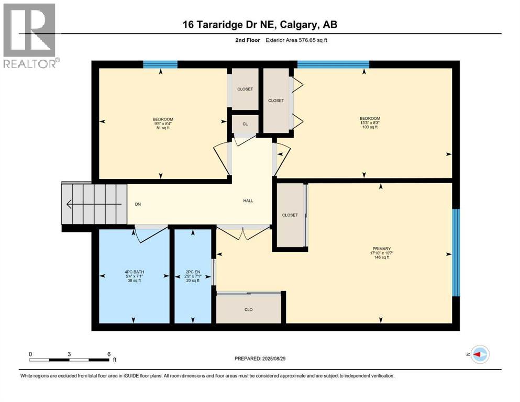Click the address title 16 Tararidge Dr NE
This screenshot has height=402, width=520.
pos(229,25)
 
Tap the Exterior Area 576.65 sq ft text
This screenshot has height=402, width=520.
pos(296,40)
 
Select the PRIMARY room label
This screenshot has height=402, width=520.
pos(382,249)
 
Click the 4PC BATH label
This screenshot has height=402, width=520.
pos(134,272)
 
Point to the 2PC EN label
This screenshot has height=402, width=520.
pos(193,272)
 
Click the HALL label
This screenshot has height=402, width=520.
pos(248,200)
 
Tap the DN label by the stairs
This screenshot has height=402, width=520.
pos(138,204)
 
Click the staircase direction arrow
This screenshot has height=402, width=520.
pos(94,204)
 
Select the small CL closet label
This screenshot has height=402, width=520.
pos(245,124)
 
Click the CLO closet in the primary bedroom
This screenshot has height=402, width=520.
pos(248,309)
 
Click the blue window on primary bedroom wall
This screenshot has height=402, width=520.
pos(456,252)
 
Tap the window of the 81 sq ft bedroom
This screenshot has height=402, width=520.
pos(160,64)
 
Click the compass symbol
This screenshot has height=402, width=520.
pos(480,354)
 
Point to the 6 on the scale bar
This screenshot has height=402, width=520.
pos(109,354)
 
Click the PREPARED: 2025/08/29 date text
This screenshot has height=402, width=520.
pos(260,359)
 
